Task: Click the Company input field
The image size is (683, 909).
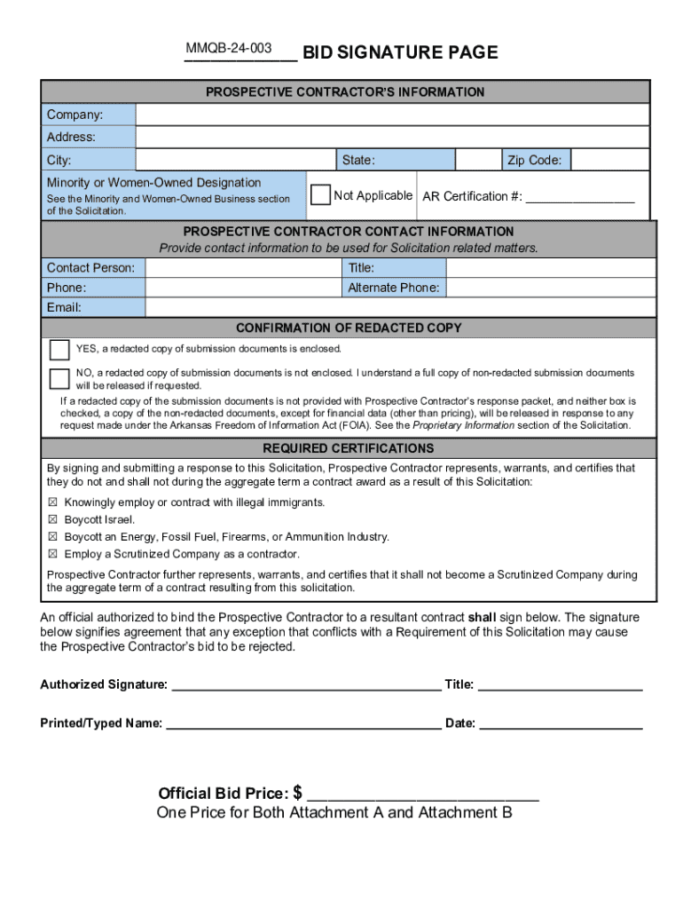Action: pos(395,115)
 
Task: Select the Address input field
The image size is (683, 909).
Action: pos(395,138)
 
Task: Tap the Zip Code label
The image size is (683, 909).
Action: pos(534,161)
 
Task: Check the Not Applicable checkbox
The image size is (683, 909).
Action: pos(320,195)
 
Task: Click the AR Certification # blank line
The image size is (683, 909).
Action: pos(580,198)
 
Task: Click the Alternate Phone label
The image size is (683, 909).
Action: pos(393,288)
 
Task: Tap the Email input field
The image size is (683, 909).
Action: pos(399,307)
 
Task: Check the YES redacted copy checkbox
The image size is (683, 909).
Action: pos(59,350)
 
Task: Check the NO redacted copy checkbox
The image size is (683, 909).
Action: pos(59,379)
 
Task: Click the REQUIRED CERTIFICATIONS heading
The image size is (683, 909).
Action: pos(349,448)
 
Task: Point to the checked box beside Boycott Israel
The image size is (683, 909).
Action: pos(52,519)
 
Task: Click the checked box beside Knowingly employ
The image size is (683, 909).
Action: pos(52,502)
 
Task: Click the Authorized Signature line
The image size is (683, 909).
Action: pos(305,685)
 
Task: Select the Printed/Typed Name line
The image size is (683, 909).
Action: pos(303,724)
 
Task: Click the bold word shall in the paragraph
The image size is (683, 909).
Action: pos(482,617)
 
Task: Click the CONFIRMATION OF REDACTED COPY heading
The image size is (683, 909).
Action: pos(349,328)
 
